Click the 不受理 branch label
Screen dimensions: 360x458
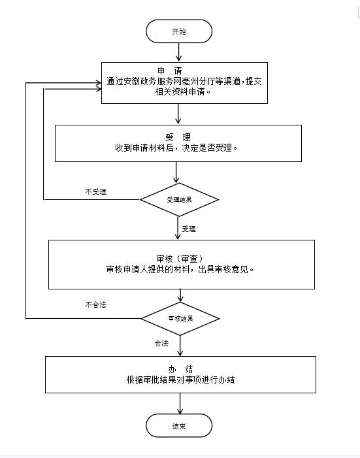(x=95, y=191)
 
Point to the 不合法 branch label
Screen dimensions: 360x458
(x=95, y=304)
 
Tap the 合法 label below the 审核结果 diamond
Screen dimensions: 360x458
(x=161, y=343)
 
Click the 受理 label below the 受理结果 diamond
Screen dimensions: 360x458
(x=189, y=229)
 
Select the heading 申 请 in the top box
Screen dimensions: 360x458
(x=170, y=71)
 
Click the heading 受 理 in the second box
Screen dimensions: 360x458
(x=178, y=137)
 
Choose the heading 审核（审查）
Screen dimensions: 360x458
(x=180, y=259)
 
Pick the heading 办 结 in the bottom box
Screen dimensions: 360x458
(x=180, y=369)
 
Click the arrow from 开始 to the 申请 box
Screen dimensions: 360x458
(x=178, y=52)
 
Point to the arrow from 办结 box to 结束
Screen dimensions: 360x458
(x=180, y=403)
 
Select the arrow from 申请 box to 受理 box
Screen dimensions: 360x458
(x=178, y=114)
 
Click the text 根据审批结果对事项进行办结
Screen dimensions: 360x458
(x=180, y=380)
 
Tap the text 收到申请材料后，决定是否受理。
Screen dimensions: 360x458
(x=176, y=148)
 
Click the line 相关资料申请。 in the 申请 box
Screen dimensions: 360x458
(x=183, y=91)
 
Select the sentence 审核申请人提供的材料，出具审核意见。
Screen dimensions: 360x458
(x=180, y=269)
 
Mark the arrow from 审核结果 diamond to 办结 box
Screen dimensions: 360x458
(x=180, y=346)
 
